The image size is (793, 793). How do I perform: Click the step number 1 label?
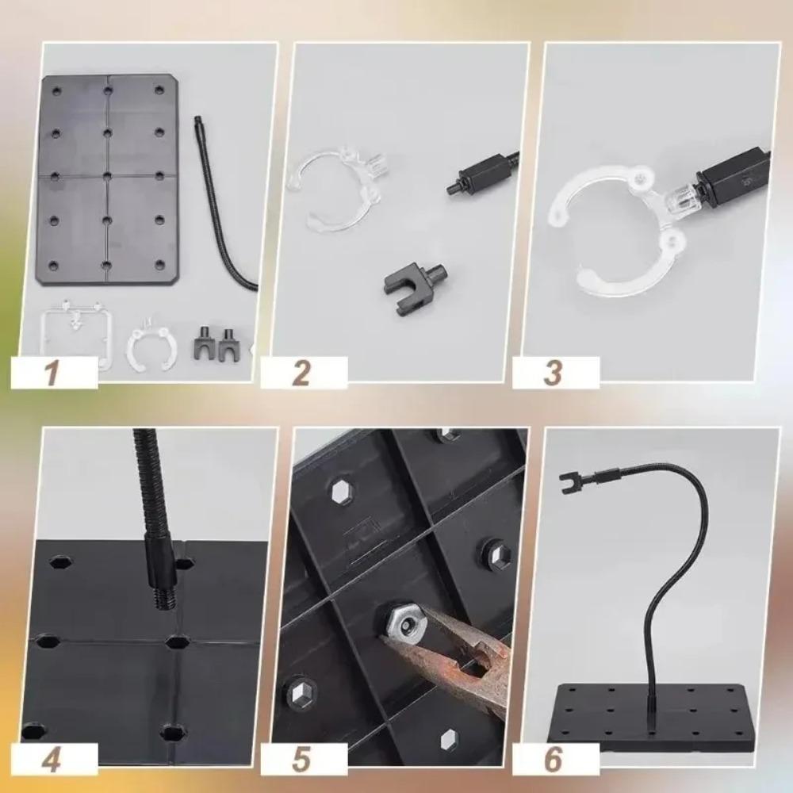tap(53, 373)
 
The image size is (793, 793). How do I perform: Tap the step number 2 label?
tap(302, 373)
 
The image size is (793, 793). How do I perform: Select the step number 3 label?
tap(554, 373)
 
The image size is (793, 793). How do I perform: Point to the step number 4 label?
tap(53, 760)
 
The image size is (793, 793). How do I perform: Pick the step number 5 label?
tap(302, 760)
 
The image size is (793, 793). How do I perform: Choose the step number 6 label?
tap(554, 760)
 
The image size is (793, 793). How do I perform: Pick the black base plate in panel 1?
tap(108, 179)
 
